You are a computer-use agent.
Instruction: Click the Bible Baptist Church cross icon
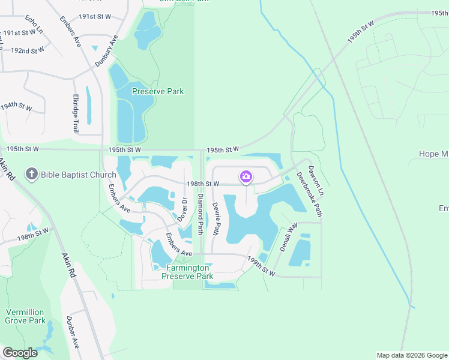click(32, 175)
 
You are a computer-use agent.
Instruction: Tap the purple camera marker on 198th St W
click(246, 176)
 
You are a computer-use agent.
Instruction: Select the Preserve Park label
click(158, 91)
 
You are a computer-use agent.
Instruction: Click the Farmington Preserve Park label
click(187, 272)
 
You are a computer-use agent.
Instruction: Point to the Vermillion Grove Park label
click(26, 316)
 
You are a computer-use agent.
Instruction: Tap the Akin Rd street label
click(68, 263)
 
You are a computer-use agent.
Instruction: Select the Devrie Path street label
click(217, 218)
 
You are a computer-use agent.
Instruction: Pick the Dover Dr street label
click(184, 208)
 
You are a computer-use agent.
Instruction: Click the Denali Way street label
click(289, 236)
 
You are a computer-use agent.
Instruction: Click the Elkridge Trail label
click(76, 113)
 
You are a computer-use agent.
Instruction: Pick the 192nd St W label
click(27, 51)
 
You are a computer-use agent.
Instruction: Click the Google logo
click(20, 352)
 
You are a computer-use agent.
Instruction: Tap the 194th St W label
click(17, 106)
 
